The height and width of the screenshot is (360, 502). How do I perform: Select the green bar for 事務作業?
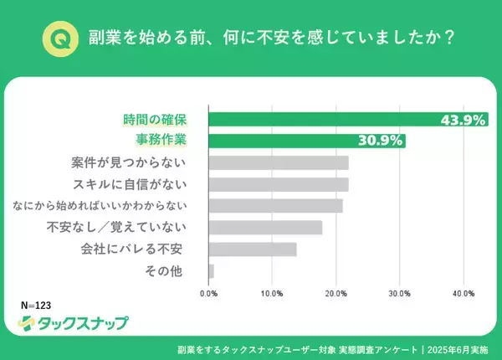pyautogui.click(x=306, y=141)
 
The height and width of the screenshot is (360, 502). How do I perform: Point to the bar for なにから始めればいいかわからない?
pyautogui.click(x=275, y=206)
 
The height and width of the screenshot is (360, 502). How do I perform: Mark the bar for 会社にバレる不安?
pyautogui.click(x=252, y=249)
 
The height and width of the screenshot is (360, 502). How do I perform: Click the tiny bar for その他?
pyautogui.click(x=211, y=271)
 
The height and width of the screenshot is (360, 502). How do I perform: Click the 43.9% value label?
pyautogui.click(x=463, y=120)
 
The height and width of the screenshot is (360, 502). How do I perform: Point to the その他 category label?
pyautogui.click(x=180, y=271)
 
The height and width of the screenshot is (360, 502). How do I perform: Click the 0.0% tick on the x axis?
pyautogui.click(x=209, y=294)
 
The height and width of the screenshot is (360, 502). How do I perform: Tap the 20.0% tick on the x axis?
pyautogui.click(x=336, y=294)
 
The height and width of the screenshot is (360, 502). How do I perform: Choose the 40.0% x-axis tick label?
pyautogui.click(x=463, y=294)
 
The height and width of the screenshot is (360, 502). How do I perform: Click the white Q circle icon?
pyautogui.click(x=59, y=39)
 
